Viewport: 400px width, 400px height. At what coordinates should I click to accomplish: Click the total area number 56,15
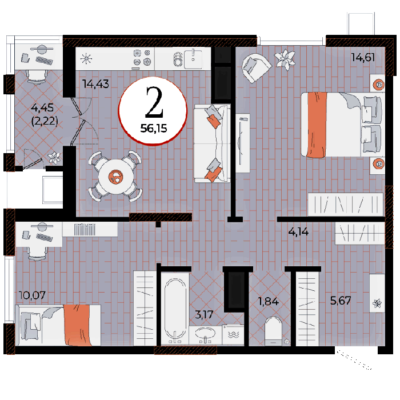pos(154,129)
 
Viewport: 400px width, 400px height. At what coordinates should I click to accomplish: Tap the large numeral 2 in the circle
pos(154,102)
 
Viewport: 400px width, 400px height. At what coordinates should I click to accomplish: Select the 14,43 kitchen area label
pos(95,84)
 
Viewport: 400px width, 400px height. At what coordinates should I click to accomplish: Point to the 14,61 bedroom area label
pos(363,57)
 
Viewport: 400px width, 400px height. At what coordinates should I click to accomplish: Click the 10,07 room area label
pos(32,295)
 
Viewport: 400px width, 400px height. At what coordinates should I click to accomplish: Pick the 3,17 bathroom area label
pos(204,314)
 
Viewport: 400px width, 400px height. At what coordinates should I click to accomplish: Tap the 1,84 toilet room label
pos(269,302)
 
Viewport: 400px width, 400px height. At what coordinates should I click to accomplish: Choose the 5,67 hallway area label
pos(341,301)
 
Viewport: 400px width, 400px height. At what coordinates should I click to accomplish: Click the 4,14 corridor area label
pos(298,232)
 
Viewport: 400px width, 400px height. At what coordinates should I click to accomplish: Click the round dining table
pos(116,177)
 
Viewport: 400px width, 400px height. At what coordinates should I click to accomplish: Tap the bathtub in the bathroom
pos(175,309)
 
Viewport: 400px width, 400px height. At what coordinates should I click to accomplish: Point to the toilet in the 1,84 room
pos(273,331)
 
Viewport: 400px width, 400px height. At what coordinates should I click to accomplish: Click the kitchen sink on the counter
pos(193,59)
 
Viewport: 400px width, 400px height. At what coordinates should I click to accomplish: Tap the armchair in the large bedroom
pos(256,67)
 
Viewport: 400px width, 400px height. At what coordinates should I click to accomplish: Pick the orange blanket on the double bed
pos(317,125)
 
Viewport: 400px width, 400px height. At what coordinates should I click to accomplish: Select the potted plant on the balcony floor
pos(54,158)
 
